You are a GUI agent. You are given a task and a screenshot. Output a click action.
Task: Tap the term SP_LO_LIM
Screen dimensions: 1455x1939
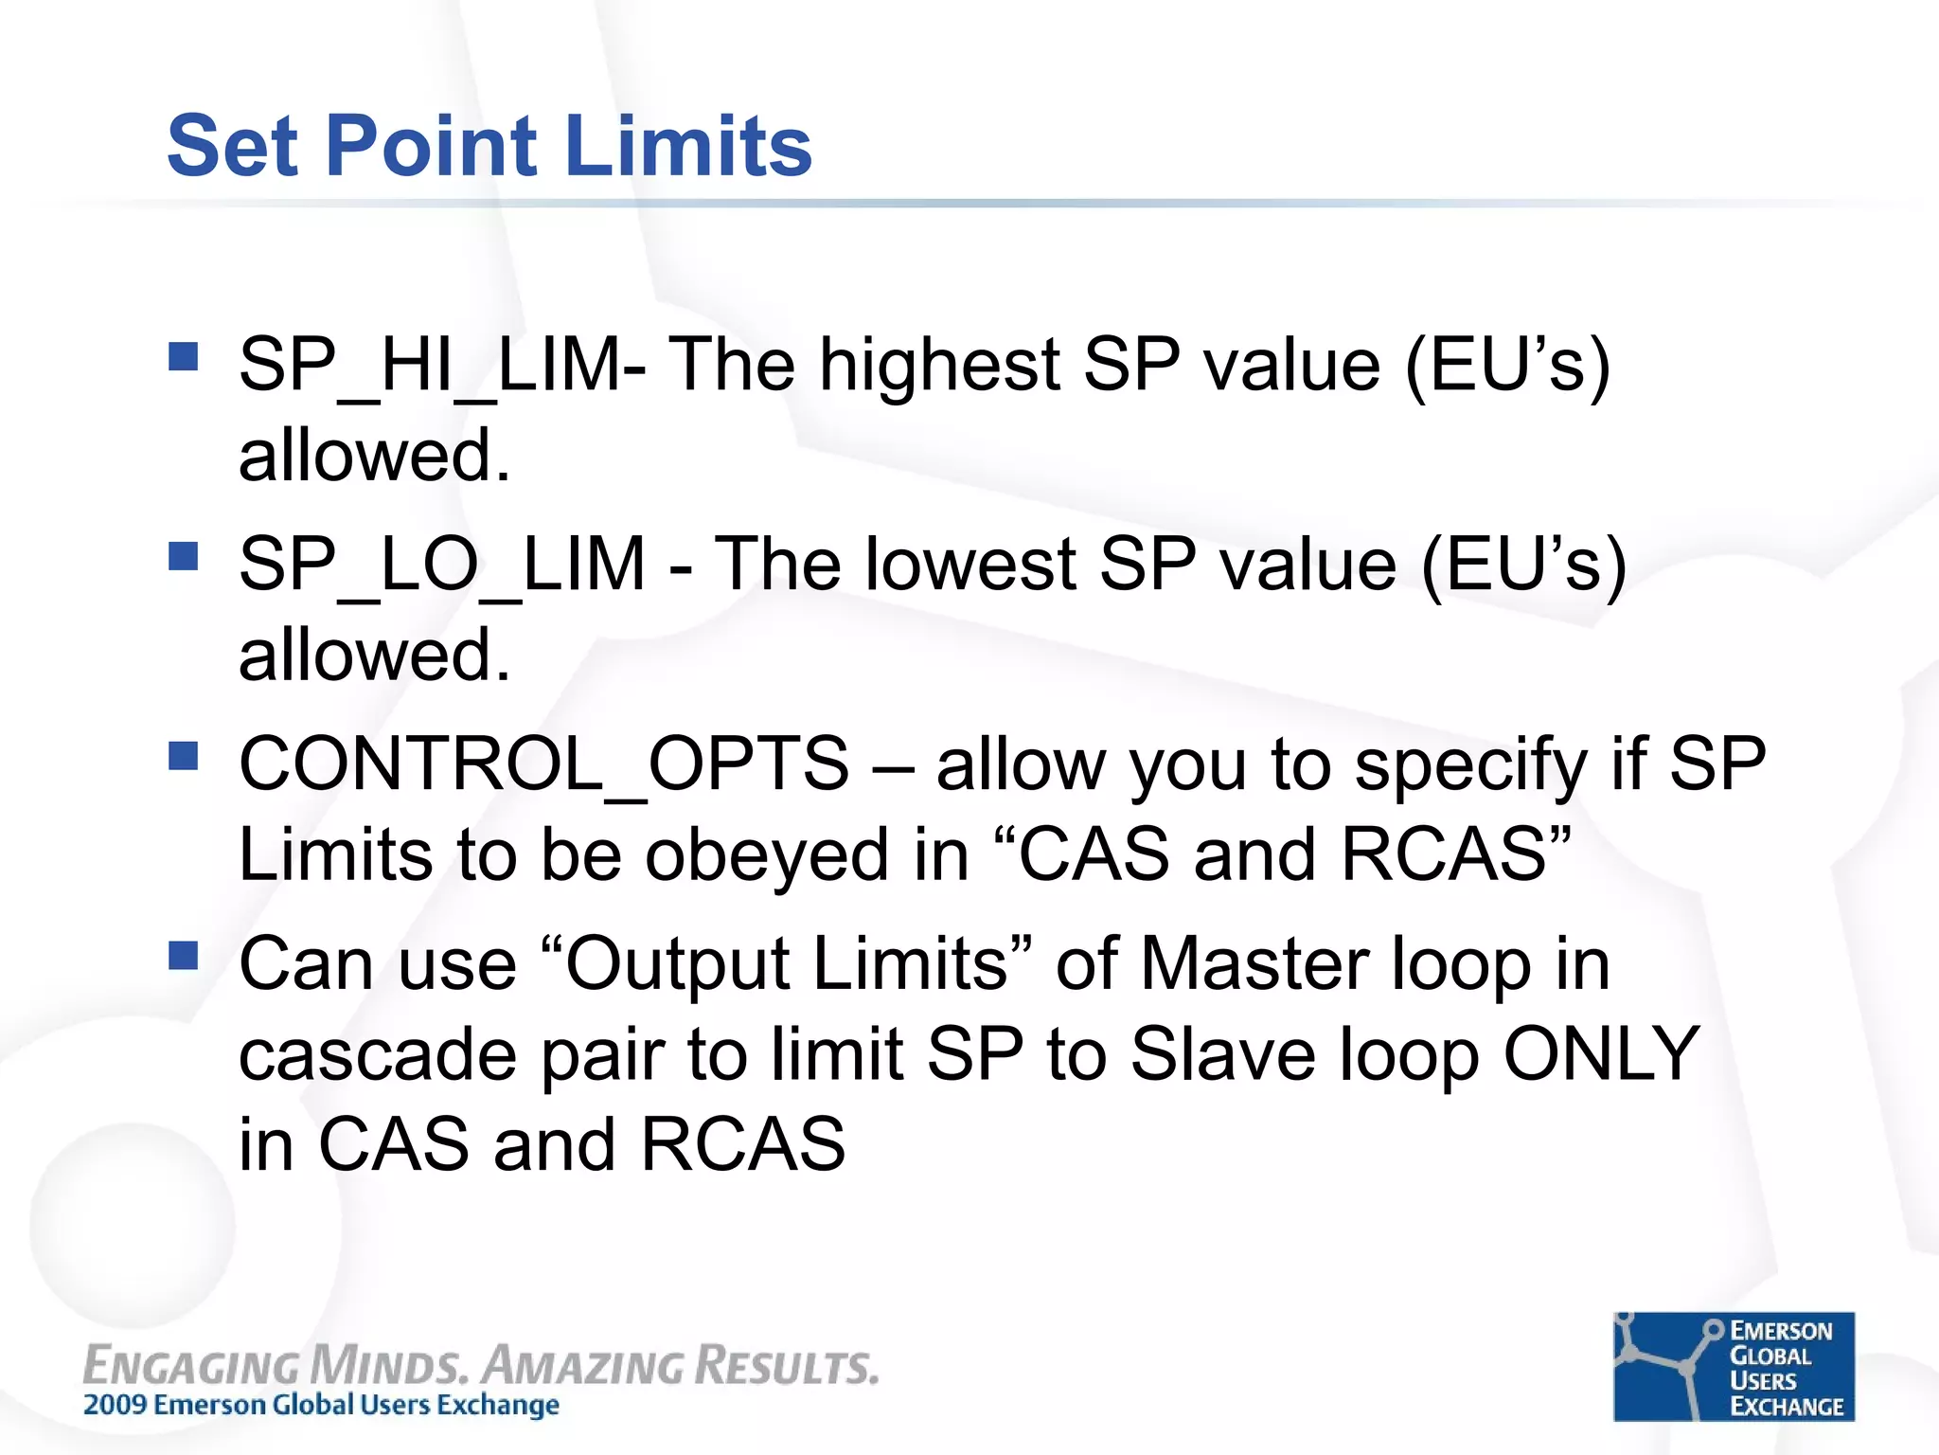(x=442, y=566)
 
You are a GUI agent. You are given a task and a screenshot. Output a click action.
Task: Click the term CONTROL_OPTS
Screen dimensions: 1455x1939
(x=543, y=764)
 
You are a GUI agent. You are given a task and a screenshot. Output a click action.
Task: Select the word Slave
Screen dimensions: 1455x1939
(x=1222, y=1054)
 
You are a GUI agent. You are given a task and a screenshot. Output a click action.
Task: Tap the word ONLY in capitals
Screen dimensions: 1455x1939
(x=1601, y=1054)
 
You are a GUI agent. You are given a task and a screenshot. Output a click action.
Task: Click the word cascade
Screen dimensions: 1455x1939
(x=378, y=1054)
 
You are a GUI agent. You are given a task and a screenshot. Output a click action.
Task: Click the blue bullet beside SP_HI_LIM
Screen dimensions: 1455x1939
(x=183, y=356)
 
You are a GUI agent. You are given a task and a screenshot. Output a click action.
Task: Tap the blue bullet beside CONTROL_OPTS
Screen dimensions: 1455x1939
(x=183, y=756)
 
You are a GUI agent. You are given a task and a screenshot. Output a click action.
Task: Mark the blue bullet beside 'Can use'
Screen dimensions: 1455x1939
(x=183, y=956)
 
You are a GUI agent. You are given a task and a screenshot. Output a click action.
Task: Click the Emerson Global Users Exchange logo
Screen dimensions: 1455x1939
(x=1734, y=1366)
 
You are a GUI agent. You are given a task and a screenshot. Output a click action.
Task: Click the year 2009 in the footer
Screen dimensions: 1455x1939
(x=116, y=1405)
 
